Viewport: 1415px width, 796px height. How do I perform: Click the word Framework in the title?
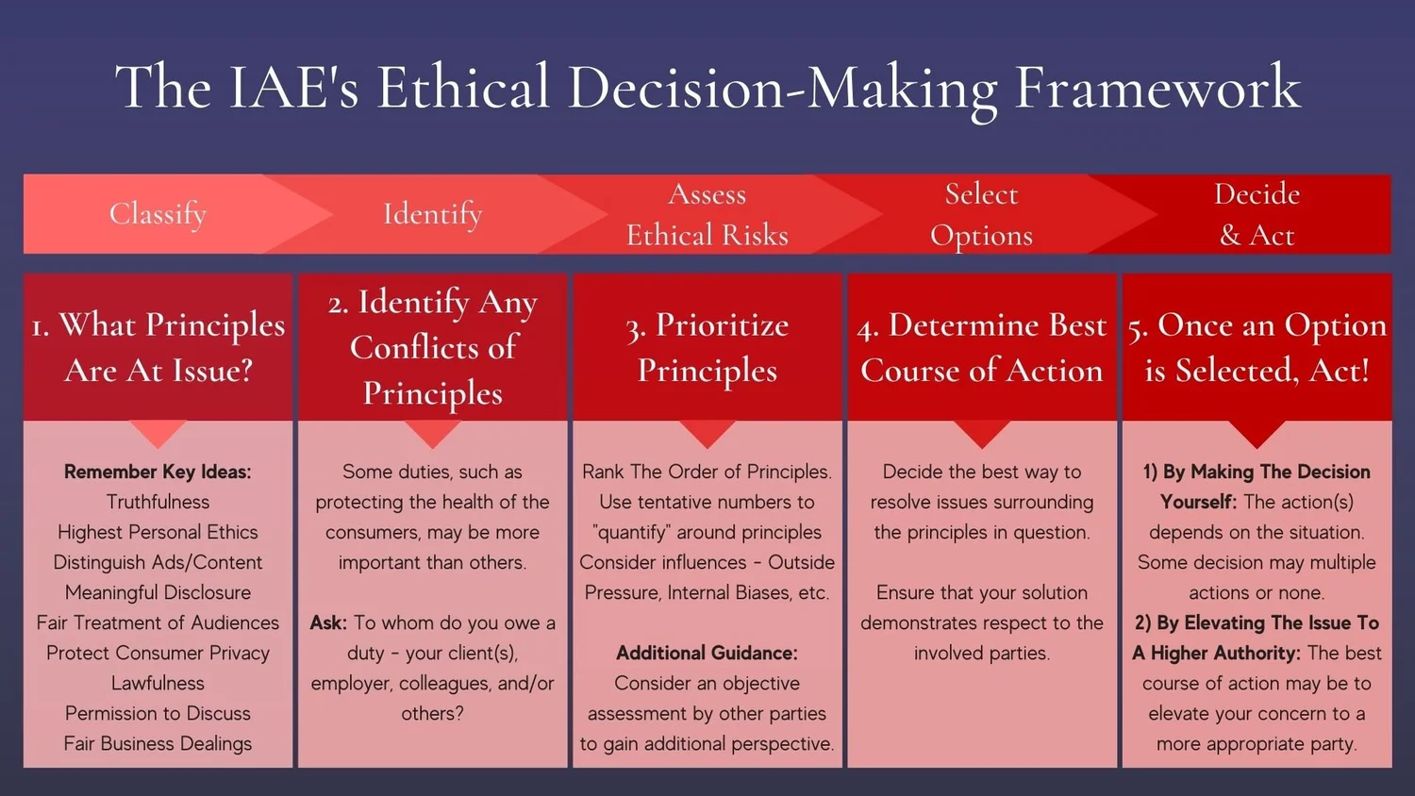pyautogui.click(x=1157, y=88)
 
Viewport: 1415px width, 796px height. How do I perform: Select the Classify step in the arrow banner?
pyautogui.click(x=158, y=214)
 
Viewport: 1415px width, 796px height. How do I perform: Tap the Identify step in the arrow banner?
pyautogui.click(x=432, y=214)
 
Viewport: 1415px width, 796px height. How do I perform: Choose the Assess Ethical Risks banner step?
pyautogui.click(x=707, y=214)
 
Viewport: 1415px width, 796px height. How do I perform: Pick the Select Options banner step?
pyautogui.click(x=981, y=214)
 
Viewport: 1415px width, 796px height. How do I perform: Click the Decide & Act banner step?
pyautogui.click(x=1257, y=214)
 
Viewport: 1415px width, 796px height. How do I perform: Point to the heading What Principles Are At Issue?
pyautogui.click(x=158, y=347)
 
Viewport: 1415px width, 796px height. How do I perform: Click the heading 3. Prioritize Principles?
pyautogui.click(x=707, y=347)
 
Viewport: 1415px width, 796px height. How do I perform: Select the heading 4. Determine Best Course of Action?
pyautogui.click(x=981, y=347)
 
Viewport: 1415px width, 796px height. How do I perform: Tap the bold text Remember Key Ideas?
pyautogui.click(x=158, y=472)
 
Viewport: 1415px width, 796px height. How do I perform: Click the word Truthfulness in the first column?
pyautogui.click(x=158, y=502)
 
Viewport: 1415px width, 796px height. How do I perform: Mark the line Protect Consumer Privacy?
pyautogui.click(x=158, y=653)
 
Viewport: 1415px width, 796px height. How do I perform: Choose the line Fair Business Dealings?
pyautogui.click(x=158, y=743)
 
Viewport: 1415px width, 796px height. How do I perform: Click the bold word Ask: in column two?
pyautogui.click(x=328, y=622)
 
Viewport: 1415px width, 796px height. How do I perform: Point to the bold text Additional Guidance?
pyautogui.click(x=707, y=653)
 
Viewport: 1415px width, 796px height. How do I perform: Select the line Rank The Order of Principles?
pyautogui.click(x=707, y=472)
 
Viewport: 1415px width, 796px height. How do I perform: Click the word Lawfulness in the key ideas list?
pyautogui.click(x=158, y=683)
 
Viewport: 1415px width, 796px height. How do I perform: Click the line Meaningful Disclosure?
pyautogui.click(x=158, y=592)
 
